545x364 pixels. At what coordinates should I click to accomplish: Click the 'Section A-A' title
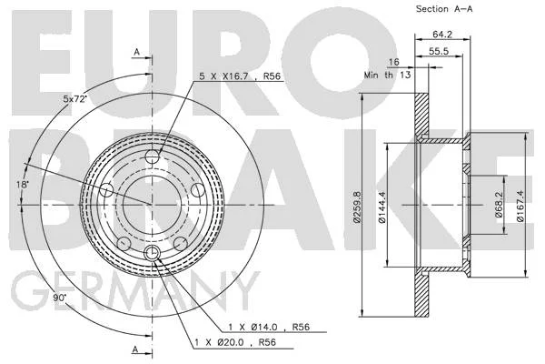pyautogui.click(x=444, y=9)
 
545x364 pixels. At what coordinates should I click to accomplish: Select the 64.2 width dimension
pyautogui.click(x=442, y=35)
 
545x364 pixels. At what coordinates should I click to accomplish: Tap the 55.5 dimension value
pyautogui.click(x=439, y=51)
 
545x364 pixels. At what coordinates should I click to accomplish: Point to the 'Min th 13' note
pyautogui.click(x=387, y=75)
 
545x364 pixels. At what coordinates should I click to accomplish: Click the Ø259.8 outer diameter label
pyautogui.click(x=356, y=207)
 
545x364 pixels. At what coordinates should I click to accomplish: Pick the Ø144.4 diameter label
pyautogui.click(x=381, y=207)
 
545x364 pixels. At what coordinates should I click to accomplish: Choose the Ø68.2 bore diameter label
pyautogui.click(x=499, y=204)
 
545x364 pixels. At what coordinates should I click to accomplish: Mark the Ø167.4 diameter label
pyautogui.click(x=520, y=206)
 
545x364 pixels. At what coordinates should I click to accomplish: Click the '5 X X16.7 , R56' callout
pyautogui.click(x=240, y=76)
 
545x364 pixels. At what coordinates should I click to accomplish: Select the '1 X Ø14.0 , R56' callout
pyautogui.click(x=269, y=327)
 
